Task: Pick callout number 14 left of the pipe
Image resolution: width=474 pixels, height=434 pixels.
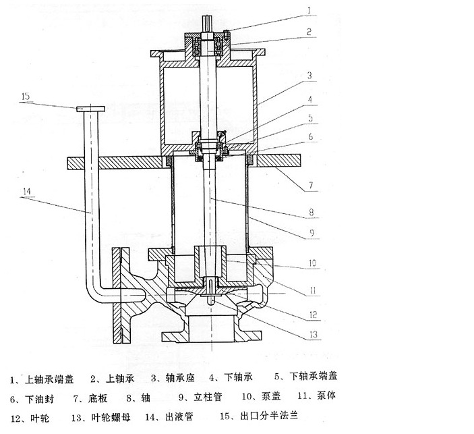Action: pyautogui.click(x=26, y=191)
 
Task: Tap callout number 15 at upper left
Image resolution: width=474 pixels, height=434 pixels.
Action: pyautogui.click(x=26, y=97)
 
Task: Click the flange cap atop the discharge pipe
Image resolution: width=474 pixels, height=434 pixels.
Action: pyautogui.click(x=90, y=108)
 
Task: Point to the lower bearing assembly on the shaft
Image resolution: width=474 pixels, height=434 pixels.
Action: pyautogui.click(x=210, y=146)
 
